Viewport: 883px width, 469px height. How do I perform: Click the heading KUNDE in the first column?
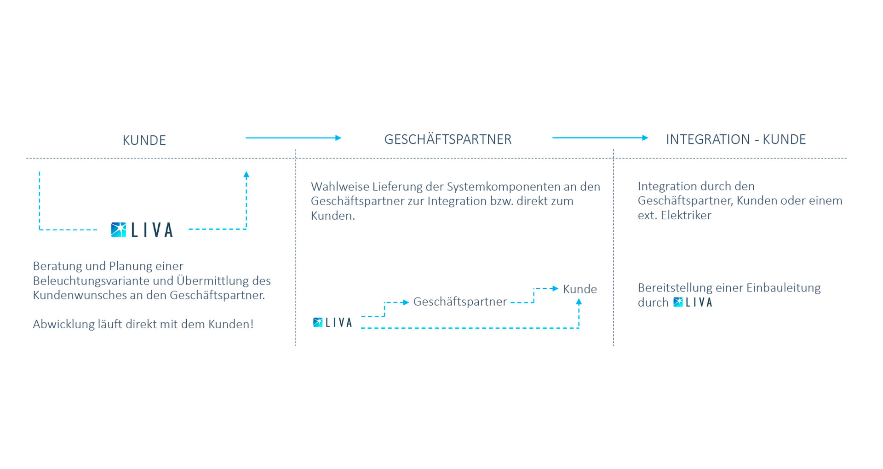[144, 140]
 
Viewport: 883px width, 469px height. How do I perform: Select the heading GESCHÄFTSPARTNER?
[447, 139]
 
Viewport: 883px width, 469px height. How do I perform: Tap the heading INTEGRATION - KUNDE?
[735, 139]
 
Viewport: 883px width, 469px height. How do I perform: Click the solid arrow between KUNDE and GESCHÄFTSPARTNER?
[293, 137]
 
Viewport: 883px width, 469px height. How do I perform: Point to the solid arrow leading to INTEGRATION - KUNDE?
[600, 137]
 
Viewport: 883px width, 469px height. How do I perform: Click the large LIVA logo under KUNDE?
[142, 229]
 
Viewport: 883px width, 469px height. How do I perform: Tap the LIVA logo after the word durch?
[692, 302]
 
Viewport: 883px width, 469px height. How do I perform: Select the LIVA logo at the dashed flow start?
[332, 322]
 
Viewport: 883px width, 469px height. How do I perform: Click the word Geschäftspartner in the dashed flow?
[460, 302]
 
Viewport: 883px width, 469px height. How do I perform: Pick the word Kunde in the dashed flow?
[579, 289]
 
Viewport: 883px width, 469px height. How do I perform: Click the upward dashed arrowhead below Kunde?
[579, 302]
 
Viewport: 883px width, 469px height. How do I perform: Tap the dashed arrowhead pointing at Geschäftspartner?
[405, 302]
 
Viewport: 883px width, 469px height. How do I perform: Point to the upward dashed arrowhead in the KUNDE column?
[246, 175]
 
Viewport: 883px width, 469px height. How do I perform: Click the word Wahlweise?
[340, 187]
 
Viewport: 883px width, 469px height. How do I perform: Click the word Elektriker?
[686, 215]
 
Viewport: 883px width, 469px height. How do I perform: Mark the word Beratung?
[57, 266]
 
